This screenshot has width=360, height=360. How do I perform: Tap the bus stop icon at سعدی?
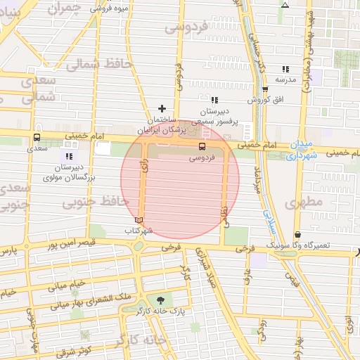point(36,138)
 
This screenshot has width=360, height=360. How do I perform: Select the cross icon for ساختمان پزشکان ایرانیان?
point(162,108)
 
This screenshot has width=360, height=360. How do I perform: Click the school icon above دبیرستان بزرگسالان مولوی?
point(68,156)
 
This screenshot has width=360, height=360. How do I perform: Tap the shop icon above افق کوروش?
point(265,89)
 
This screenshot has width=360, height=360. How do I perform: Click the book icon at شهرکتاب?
point(138,221)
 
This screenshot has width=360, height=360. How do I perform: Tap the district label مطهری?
point(304,203)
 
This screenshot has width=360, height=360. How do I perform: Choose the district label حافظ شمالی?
point(99,65)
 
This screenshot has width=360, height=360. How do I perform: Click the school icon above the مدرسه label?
point(285,69)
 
